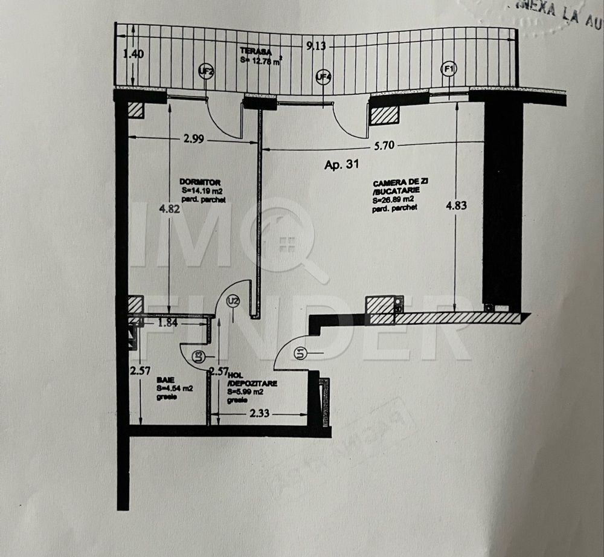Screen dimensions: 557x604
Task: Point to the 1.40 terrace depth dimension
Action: coord(133,54)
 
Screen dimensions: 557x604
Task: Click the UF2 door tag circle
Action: coord(207,72)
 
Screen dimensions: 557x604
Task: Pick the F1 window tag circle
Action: coord(449,69)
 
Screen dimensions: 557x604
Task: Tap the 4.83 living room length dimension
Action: coord(456,205)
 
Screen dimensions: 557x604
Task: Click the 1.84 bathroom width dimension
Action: coord(167,323)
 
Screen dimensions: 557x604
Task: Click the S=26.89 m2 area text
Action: coord(393,199)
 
